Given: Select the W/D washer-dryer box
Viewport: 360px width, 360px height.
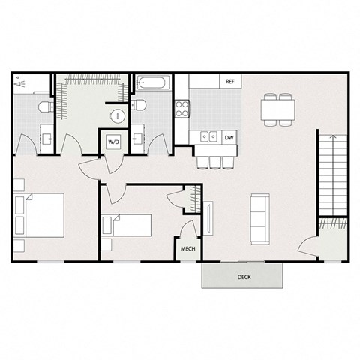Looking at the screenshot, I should pyautogui.click(x=114, y=141).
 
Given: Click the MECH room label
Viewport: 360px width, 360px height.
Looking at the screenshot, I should pyautogui.click(x=187, y=250).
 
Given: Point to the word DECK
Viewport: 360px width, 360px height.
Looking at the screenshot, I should pyautogui.click(x=244, y=277).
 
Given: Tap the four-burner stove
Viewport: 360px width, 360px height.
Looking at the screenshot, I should pyautogui.click(x=181, y=109).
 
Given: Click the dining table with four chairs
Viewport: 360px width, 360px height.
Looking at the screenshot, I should pyautogui.click(x=277, y=109).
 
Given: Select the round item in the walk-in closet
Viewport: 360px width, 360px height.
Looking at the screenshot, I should pyautogui.click(x=118, y=116).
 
